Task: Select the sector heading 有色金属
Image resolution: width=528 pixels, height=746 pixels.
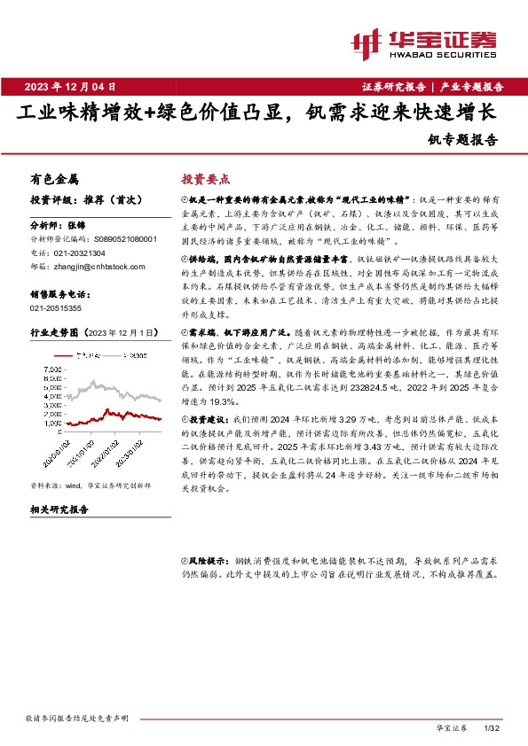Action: pos(54,177)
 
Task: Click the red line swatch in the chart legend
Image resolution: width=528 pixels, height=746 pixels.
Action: pos(73,354)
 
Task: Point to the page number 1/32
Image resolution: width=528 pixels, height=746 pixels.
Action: pos(494,727)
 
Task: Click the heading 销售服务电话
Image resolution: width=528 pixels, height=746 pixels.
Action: pos(57,293)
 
